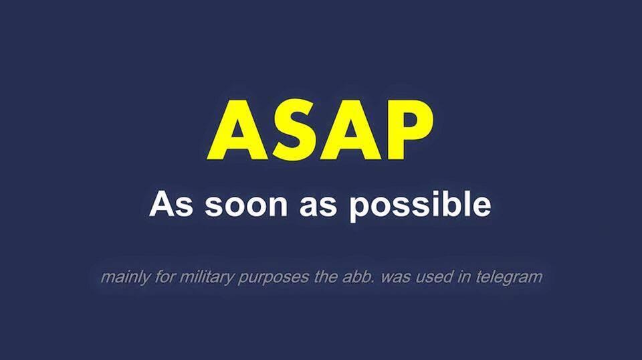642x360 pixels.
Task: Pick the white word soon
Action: coord(245,206)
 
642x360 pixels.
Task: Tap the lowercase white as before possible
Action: coord(318,206)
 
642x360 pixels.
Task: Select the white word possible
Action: coord(420,206)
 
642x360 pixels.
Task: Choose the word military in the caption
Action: coord(207,277)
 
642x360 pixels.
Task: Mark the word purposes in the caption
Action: coord(273,278)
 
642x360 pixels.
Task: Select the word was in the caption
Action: coord(396,278)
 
